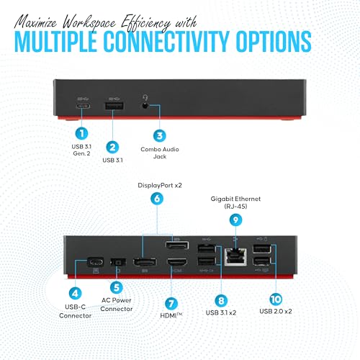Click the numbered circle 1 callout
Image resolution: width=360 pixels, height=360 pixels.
pos(81,133)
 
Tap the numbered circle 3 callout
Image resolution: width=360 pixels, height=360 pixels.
pos(160,135)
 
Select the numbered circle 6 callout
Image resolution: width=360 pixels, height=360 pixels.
pos(157,199)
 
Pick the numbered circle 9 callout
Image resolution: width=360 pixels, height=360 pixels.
pos(235,220)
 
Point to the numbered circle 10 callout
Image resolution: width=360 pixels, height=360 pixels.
pos(276,299)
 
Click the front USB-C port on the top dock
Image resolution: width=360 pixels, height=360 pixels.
pos(83,106)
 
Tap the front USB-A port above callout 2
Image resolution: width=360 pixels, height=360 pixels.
pos(114,106)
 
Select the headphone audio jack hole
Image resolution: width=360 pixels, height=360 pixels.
pos(145,105)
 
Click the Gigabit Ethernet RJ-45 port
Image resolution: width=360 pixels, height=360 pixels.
pos(235,257)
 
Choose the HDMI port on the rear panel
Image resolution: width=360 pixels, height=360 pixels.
pos(177,262)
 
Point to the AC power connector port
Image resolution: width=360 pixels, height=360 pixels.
pos(118,262)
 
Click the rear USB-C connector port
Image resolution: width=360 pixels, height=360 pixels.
pos(96,262)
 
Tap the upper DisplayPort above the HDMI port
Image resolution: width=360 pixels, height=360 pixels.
pos(177,246)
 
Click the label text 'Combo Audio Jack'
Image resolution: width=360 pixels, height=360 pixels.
pos(160,153)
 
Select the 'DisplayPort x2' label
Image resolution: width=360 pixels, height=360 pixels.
pos(160,185)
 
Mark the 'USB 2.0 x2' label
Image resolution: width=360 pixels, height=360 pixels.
pos(276,311)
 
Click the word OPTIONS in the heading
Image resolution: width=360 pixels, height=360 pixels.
pos(274,42)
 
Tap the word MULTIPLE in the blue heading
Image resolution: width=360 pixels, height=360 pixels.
pos(55,42)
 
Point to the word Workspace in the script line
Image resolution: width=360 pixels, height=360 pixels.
pos(89,23)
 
